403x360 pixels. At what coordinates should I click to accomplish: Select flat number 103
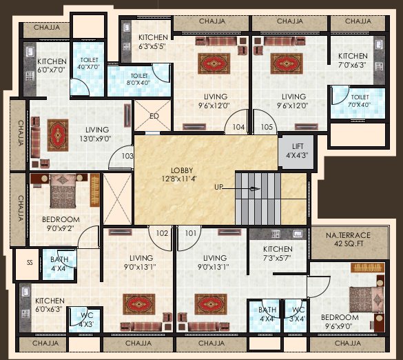[127, 156]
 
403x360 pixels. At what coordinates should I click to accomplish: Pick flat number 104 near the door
[238, 128]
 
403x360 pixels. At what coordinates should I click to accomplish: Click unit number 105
[267, 128]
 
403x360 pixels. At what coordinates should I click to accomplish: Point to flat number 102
[162, 233]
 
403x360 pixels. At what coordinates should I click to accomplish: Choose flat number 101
[190, 233]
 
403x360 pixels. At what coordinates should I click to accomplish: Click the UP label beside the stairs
[219, 187]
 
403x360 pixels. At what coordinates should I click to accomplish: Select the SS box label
[30, 263]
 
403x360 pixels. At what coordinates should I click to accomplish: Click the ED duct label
[154, 116]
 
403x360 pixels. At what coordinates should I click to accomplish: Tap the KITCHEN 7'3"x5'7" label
[278, 254]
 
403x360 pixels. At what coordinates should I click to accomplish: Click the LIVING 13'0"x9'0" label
[96, 134]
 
